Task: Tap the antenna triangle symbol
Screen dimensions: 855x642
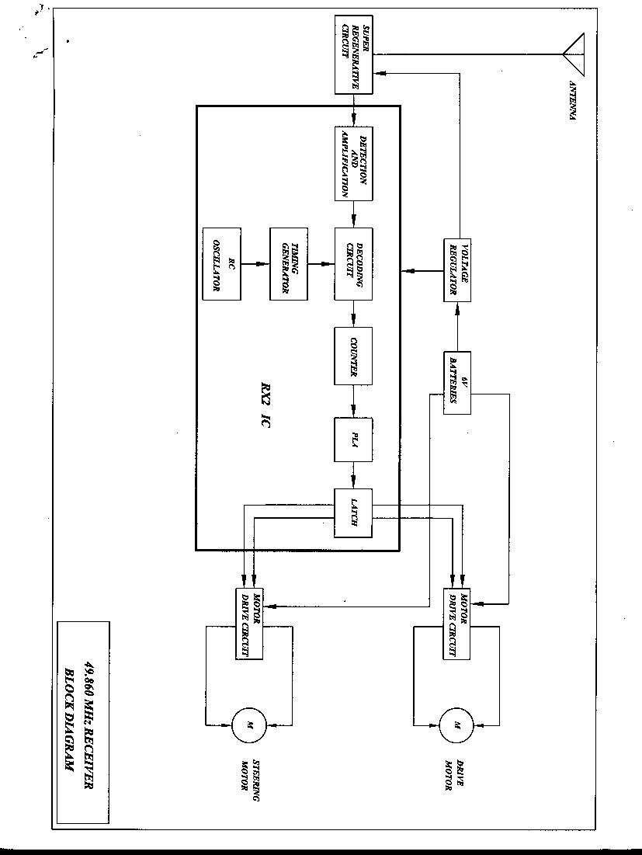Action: click(573, 54)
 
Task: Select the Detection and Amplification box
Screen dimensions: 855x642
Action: click(354, 163)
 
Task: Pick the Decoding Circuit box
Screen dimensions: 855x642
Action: click(354, 264)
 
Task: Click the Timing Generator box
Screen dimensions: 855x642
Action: click(289, 264)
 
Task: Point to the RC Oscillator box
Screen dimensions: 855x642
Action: click(220, 264)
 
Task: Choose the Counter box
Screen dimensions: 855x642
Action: click(354, 357)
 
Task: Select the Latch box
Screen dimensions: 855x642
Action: click(354, 513)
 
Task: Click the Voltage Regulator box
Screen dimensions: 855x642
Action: click(458, 269)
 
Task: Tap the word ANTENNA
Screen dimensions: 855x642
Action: click(573, 101)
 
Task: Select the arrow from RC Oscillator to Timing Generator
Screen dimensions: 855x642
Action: click(255, 264)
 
